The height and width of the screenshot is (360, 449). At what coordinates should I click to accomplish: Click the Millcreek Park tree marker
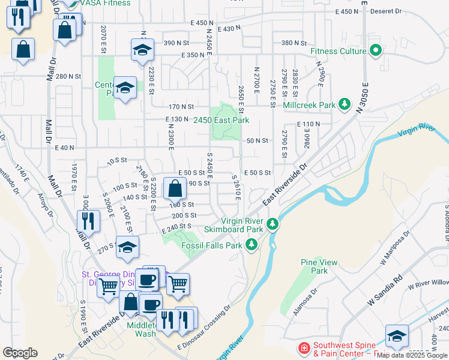pos(345,104)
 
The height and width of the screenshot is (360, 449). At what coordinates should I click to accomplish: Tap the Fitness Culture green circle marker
pos(376,50)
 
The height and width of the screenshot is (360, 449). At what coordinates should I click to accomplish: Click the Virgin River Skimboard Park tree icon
pos(273,224)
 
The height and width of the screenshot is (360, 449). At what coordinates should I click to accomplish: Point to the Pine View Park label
pos(319,266)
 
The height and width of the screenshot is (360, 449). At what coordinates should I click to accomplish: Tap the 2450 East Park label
pos(221,120)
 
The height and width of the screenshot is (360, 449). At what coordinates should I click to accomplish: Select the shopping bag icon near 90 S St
pos(174,188)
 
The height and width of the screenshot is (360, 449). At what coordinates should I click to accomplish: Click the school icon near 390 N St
pos(143,50)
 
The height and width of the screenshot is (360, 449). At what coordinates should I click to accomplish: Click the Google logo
pos(20,353)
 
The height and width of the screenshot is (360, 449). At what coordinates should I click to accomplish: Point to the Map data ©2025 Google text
pos(412,356)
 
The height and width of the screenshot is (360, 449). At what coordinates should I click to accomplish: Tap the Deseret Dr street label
pos(386,11)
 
